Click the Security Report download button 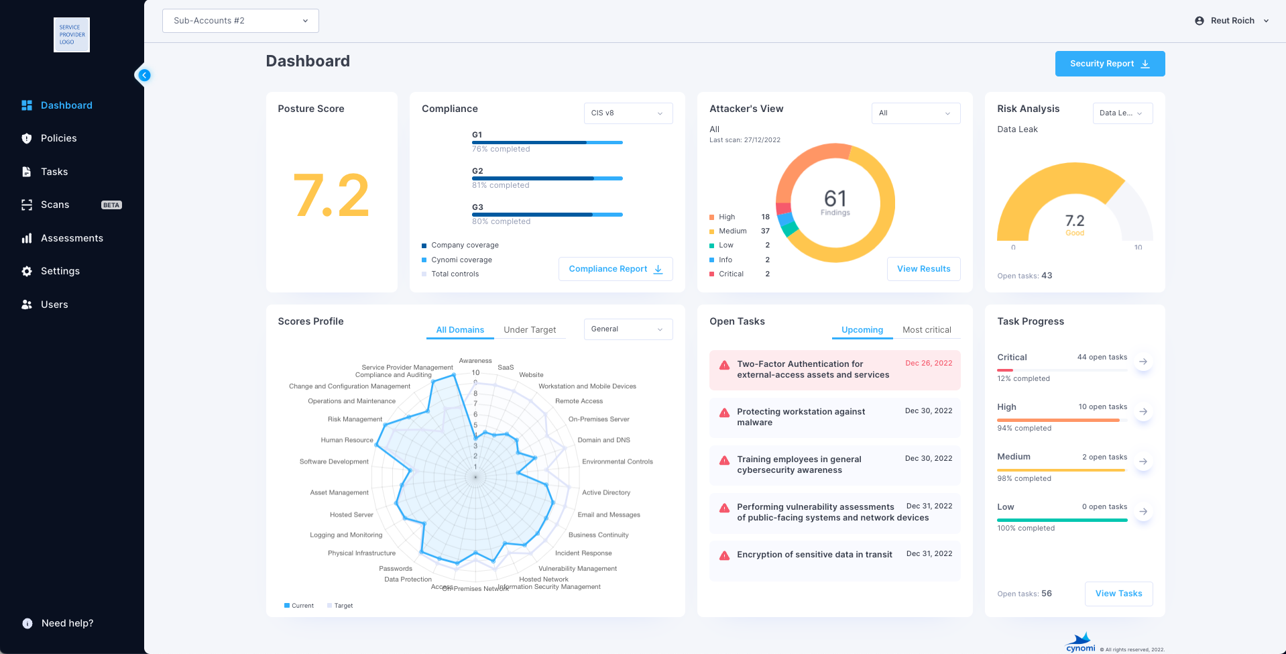pos(1110,64)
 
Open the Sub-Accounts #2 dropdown pos(240,21)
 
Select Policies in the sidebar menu pos(58,138)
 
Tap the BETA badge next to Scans pos(111,205)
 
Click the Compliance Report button pos(615,269)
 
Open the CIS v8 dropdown pos(628,113)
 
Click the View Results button pos(923,269)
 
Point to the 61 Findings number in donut pos(835,199)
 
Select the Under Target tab pos(530,330)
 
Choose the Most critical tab pos(927,330)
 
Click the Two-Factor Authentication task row pos(834,370)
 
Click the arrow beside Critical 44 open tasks pos(1143,362)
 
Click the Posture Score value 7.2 pos(331,196)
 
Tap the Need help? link pos(67,623)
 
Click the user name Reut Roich pos(1232,21)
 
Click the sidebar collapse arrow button pos(144,75)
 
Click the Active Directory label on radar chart pos(606,492)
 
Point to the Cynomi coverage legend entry pos(461,260)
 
